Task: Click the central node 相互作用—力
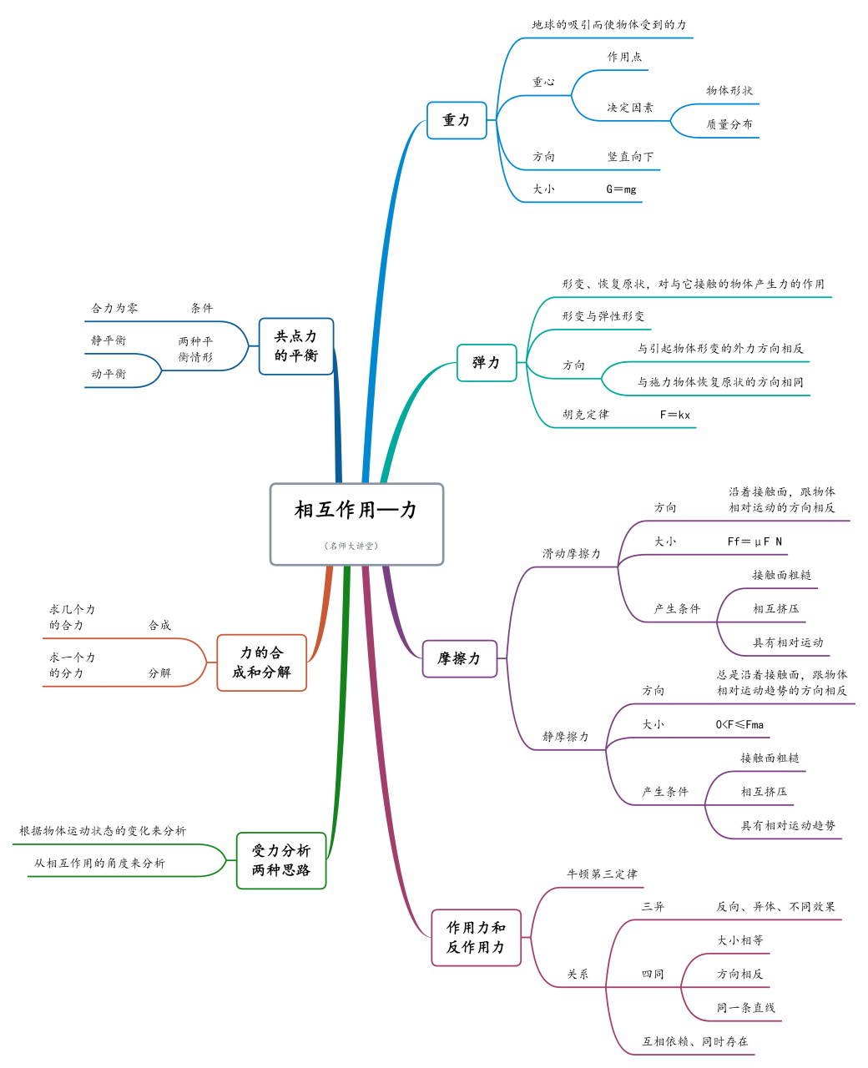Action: tap(356, 511)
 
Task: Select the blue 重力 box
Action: tap(457, 120)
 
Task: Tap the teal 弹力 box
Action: tap(487, 363)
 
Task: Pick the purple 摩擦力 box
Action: tap(460, 659)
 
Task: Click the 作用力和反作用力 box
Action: tap(476, 938)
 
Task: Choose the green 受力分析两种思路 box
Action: tap(281, 860)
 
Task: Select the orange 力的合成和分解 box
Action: tap(262, 662)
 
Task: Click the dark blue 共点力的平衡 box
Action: tap(296, 346)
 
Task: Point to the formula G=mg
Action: tap(621, 189)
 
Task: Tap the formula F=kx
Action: tap(675, 415)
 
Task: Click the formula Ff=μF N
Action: tap(754, 542)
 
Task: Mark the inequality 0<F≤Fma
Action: tap(739, 724)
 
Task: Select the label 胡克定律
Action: tap(586, 415)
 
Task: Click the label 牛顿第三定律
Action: tap(602, 874)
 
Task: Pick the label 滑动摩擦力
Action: tap(572, 554)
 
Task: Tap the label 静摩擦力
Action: tap(566, 737)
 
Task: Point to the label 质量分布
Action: tap(729, 124)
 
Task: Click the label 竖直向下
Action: tap(631, 157)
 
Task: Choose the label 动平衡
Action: tap(109, 374)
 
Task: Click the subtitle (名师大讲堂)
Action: tap(351, 546)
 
